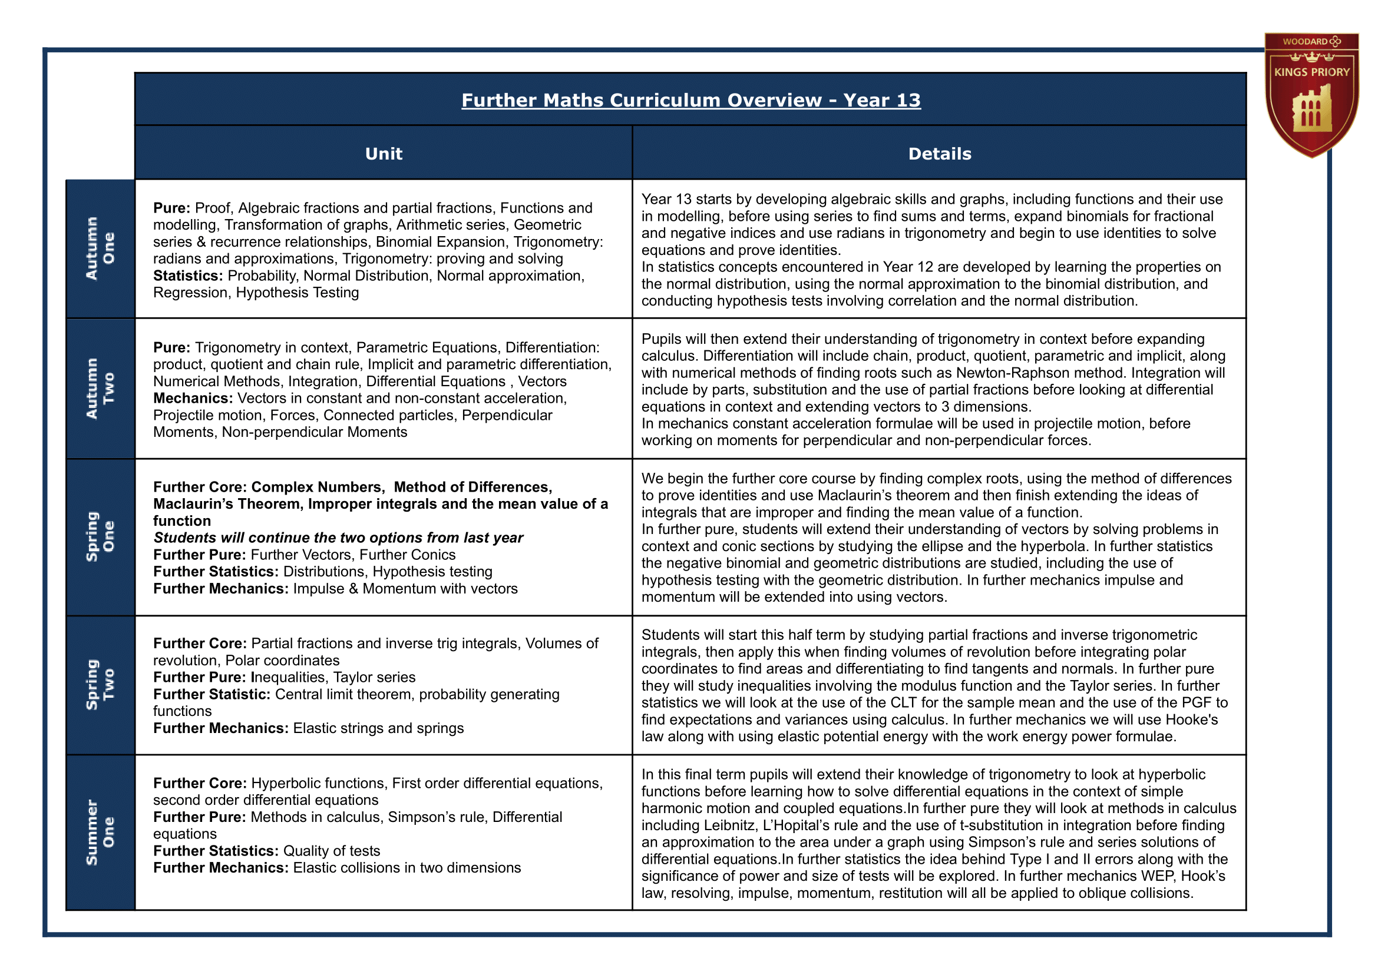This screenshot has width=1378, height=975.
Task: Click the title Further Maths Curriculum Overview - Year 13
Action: [690, 100]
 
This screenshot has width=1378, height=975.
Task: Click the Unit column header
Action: [384, 154]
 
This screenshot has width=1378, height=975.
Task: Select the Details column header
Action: [939, 154]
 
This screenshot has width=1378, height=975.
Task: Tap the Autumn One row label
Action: [100, 248]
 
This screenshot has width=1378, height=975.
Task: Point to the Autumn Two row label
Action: [100, 389]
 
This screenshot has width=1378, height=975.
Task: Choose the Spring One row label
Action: [100, 537]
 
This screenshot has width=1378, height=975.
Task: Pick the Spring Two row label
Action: [100, 684]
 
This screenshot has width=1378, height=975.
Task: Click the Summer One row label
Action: [100, 832]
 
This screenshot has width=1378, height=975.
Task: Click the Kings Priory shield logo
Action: [1311, 96]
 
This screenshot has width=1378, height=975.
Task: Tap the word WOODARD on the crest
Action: [1305, 41]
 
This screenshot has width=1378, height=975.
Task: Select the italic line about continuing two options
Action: [338, 538]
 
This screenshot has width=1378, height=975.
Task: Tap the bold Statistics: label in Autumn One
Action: [188, 276]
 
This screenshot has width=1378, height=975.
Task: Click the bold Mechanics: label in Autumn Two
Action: [193, 398]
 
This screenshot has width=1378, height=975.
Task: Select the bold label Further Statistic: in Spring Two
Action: [212, 695]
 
